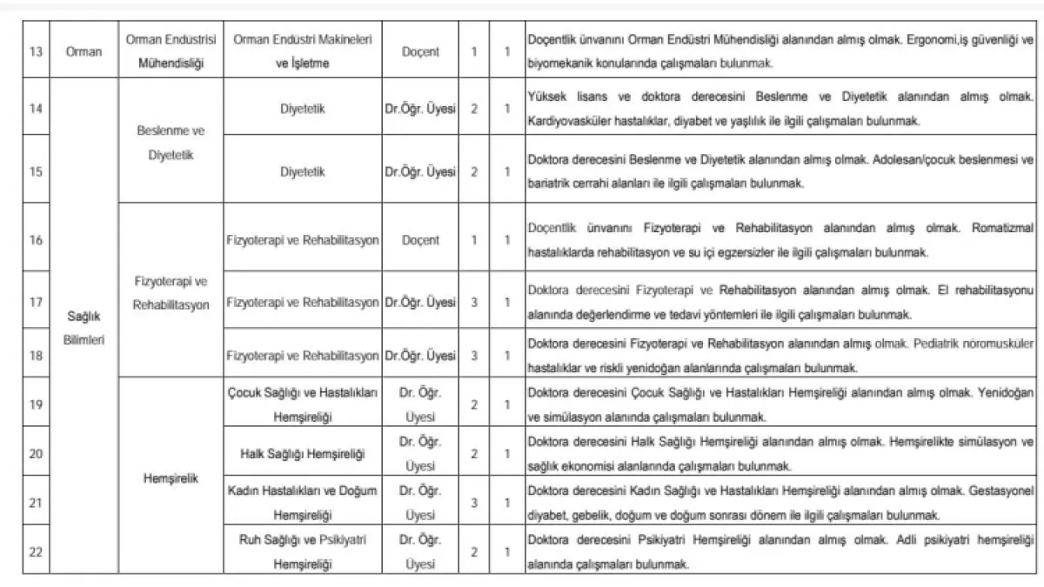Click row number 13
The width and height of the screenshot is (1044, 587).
(x=36, y=51)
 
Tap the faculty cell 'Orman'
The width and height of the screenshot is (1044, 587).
(x=84, y=51)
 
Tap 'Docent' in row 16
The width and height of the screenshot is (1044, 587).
(x=420, y=240)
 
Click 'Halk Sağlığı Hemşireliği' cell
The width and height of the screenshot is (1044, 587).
(x=302, y=454)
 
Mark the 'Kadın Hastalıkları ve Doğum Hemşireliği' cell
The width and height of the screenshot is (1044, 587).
(x=302, y=503)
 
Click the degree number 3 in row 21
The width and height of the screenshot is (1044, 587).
(x=474, y=503)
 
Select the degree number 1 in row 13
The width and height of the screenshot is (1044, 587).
(x=474, y=51)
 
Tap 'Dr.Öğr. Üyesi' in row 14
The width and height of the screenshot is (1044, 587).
(x=420, y=110)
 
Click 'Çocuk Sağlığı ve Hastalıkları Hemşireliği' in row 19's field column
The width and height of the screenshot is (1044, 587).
(x=302, y=404)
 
